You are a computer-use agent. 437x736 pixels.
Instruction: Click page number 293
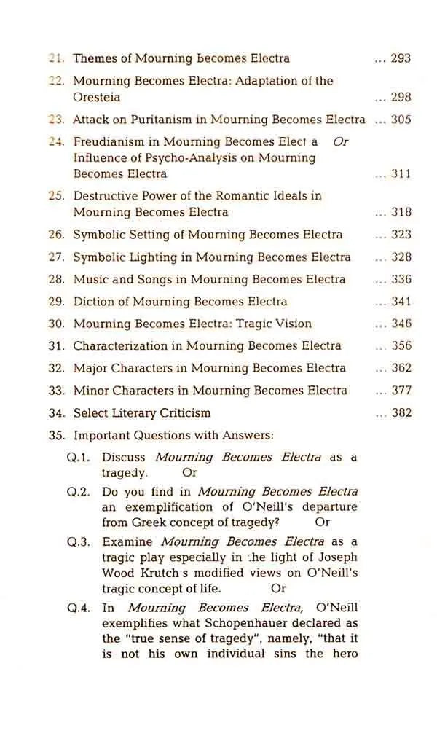[x=401, y=58]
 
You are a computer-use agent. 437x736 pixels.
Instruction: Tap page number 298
[x=401, y=97]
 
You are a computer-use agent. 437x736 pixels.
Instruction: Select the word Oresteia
[x=97, y=97]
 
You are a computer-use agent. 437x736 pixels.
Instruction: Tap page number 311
[x=401, y=174]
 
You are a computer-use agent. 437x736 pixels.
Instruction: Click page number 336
[x=401, y=279]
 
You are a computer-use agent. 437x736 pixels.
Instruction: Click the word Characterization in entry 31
[x=123, y=346]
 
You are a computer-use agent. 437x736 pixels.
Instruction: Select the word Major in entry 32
[x=90, y=368]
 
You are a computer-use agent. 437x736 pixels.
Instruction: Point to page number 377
[x=401, y=391]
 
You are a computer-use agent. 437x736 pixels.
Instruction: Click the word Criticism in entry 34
[x=184, y=413]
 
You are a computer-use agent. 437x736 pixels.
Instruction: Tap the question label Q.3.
[x=78, y=542]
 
